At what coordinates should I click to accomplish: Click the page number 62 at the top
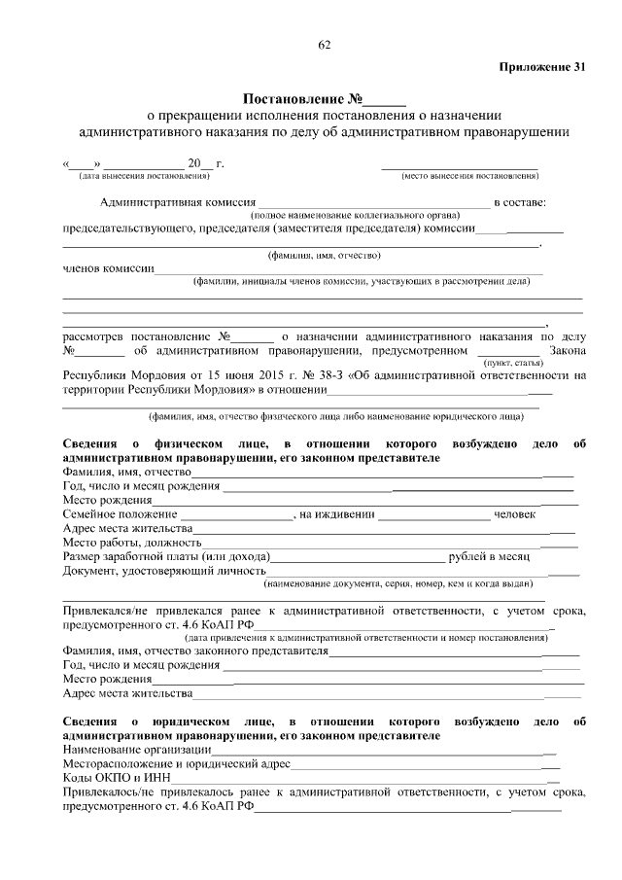point(324,46)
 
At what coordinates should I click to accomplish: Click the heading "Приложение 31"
point(542,67)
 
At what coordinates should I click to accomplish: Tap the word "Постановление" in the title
point(293,99)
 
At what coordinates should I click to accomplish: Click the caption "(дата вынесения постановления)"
point(144,176)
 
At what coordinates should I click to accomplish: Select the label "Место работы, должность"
point(132,542)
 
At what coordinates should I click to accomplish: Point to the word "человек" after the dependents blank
point(515,513)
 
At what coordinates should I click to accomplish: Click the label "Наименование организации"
point(137,751)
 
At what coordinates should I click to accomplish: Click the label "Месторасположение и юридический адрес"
point(176,765)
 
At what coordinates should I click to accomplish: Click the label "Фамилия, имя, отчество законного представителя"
point(195,651)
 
